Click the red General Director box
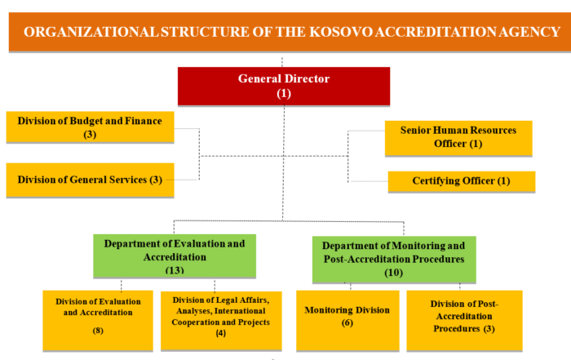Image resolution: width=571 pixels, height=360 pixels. (284, 87)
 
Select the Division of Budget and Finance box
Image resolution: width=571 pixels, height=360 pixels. (90, 127)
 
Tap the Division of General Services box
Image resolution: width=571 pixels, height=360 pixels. (90, 180)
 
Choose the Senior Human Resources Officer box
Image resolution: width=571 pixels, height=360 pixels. (458, 139)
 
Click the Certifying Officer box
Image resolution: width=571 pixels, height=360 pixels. (462, 181)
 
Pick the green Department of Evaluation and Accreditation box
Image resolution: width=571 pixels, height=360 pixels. (175, 256)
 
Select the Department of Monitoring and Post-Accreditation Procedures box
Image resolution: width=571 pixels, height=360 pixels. (394, 260)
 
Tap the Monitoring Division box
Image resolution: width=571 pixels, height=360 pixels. (347, 321)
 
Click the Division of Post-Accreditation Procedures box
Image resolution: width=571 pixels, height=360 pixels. (464, 321)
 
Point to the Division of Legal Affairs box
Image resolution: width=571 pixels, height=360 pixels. (221, 321)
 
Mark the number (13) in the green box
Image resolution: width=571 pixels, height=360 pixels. (175, 270)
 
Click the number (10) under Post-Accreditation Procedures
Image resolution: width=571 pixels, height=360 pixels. (394, 273)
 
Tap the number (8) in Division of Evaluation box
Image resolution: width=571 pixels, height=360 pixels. (98, 331)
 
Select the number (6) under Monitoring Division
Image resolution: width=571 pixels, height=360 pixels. (347, 322)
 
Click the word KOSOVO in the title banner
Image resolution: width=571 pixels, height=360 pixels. (341, 32)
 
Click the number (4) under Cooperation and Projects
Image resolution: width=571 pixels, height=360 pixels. (221, 333)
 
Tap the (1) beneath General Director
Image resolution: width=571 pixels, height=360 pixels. (284, 94)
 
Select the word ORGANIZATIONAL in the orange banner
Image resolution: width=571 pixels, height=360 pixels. (91, 32)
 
